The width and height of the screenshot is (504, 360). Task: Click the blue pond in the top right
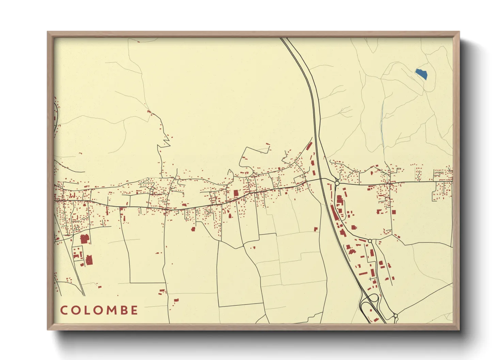(x=421, y=73)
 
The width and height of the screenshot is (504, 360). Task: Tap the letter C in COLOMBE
(x=64, y=310)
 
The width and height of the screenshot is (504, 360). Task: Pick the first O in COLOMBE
(x=75, y=310)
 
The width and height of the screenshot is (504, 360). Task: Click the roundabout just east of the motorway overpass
(x=337, y=183)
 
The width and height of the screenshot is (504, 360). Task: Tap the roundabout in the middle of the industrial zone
(x=370, y=241)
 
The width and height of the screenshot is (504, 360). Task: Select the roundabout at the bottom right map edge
(x=395, y=316)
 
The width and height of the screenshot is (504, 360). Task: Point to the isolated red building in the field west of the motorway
(x=316, y=229)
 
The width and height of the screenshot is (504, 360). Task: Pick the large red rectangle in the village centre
(x=236, y=193)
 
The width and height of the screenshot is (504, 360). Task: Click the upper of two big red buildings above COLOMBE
(x=84, y=239)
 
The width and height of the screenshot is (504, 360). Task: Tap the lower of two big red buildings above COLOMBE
(x=89, y=260)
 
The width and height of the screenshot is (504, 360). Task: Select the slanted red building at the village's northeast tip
(x=309, y=146)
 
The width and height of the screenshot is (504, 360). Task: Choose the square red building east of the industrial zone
(x=394, y=212)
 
